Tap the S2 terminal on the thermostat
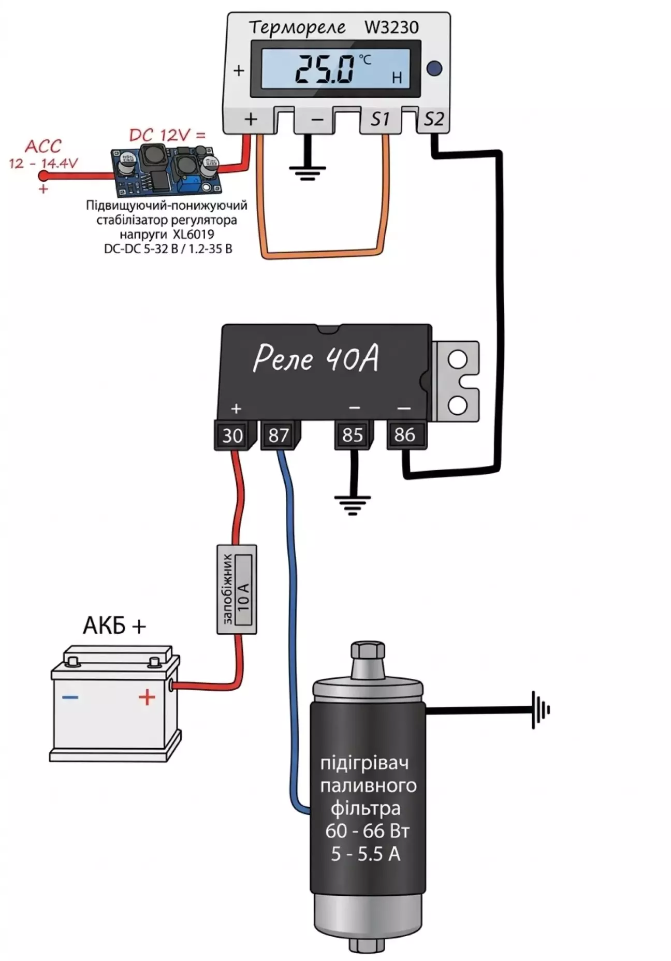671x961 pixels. [433, 120]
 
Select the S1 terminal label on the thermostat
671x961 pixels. [380, 120]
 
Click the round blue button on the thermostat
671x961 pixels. [434, 68]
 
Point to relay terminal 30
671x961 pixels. [232, 435]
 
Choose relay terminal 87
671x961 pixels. [279, 435]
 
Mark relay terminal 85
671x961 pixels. [353, 435]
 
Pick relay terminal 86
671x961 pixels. [404, 434]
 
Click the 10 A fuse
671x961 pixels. [237, 589]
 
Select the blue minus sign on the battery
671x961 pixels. [70, 697]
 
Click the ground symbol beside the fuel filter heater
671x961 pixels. [541, 710]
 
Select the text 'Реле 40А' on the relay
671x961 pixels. [316, 358]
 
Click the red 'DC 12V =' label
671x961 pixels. [167, 136]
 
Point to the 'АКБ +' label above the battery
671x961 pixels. [114, 626]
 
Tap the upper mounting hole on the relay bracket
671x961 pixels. [457, 359]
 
